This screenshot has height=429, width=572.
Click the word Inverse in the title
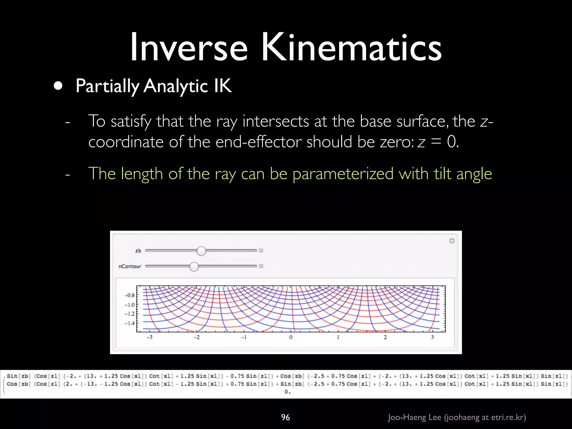tap(189, 47)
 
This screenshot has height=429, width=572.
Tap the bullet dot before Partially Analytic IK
tap(58, 86)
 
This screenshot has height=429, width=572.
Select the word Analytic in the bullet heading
tap(176, 86)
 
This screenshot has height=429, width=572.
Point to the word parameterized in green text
tap(343, 174)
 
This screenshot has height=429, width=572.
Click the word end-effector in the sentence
tap(258, 142)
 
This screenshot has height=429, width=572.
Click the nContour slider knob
tap(194, 266)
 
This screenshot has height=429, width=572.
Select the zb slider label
tap(138, 251)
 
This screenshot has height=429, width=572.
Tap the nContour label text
tap(130, 266)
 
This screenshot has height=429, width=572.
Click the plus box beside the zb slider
tap(261, 251)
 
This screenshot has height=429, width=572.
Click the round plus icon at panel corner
tap(452, 241)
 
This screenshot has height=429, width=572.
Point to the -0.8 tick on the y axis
tap(130, 295)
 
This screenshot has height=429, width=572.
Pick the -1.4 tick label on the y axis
tap(130, 323)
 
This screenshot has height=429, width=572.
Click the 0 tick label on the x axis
tap(291, 337)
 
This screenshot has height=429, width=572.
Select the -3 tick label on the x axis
tap(149, 337)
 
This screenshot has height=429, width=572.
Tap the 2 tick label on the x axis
tap(385, 337)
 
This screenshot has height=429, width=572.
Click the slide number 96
tap(285, 417)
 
